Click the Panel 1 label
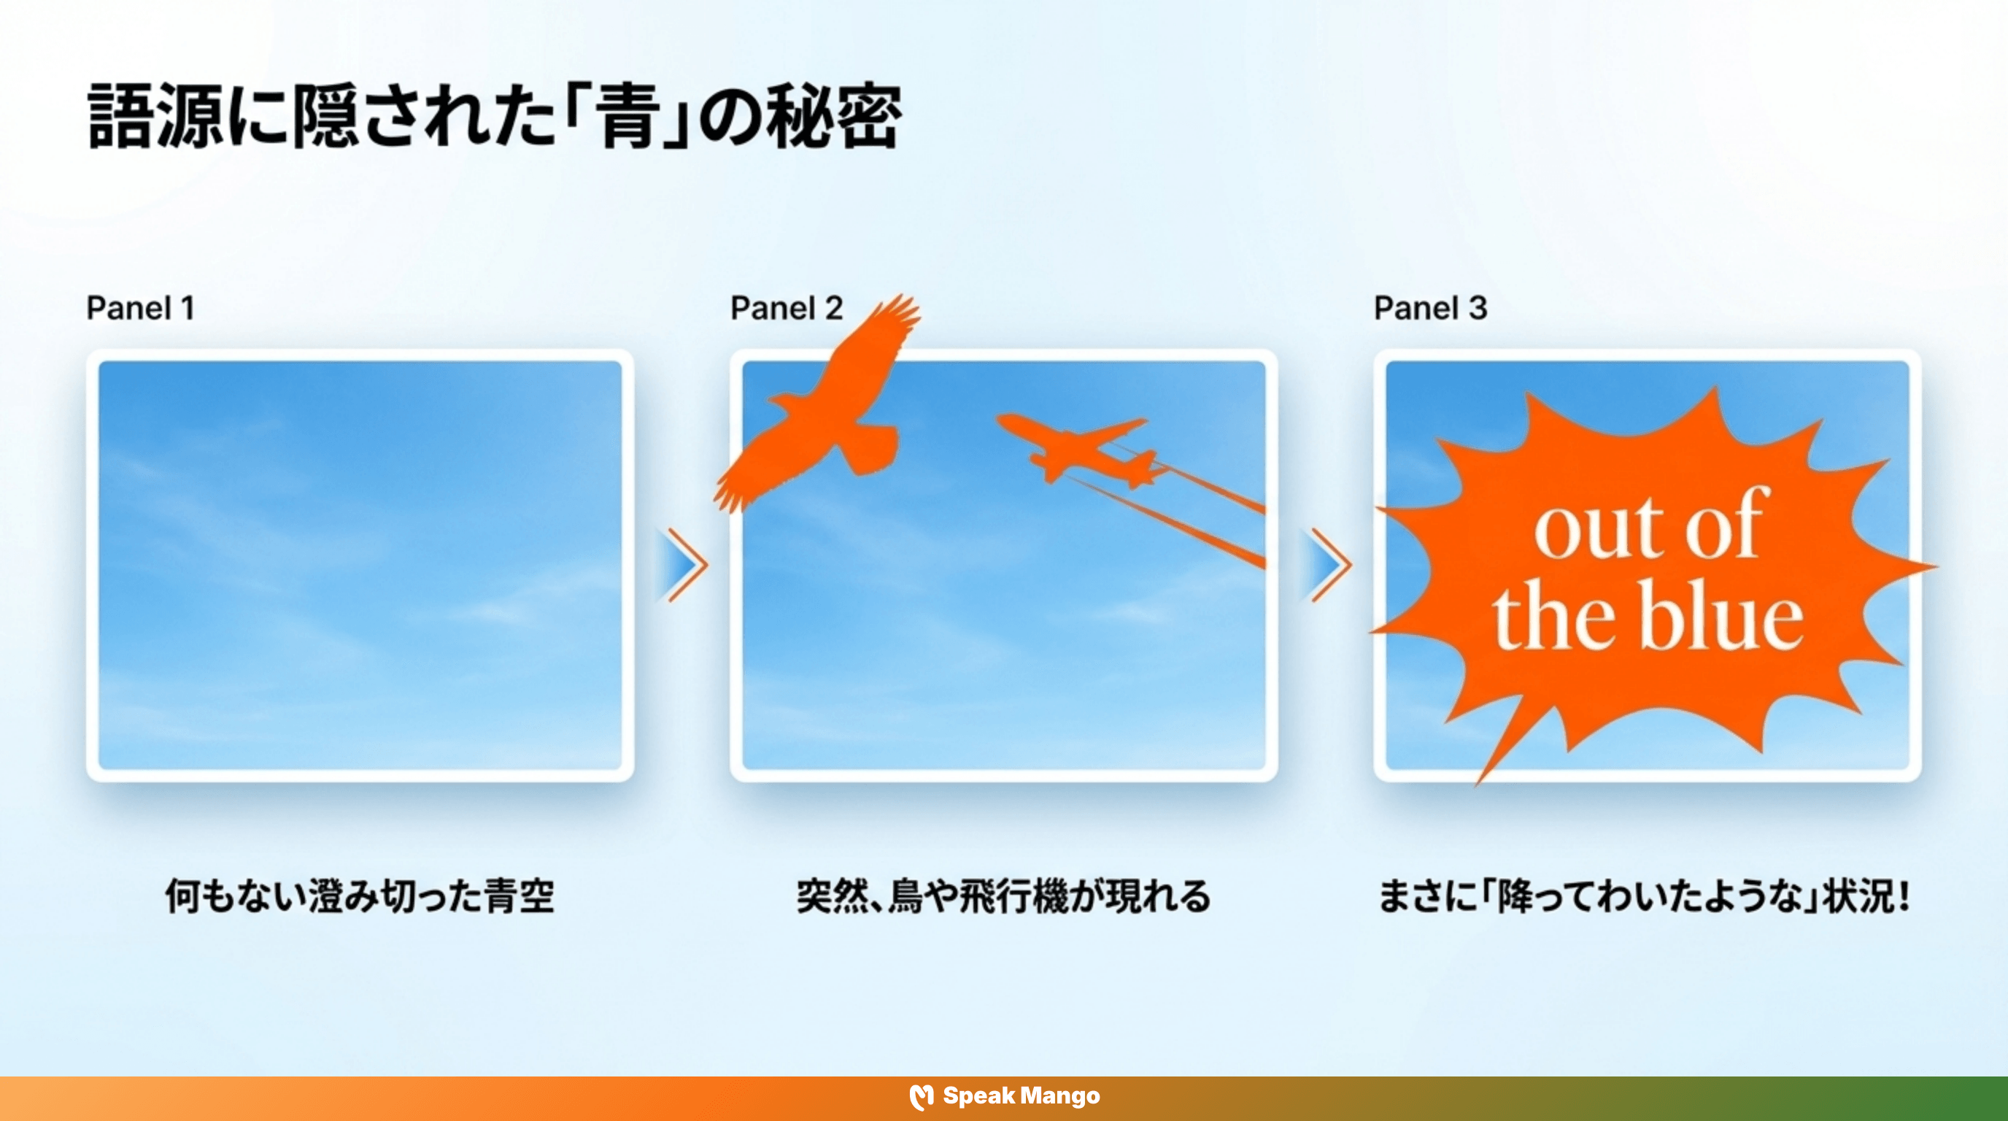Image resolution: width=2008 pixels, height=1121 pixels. click(139, 308)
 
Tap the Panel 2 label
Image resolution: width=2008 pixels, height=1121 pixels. click(786, 308)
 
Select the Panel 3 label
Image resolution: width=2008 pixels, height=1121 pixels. click(1429, 308)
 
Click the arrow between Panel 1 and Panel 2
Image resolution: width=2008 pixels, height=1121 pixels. click(684, 564)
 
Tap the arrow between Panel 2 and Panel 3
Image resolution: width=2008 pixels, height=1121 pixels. click(1327, 564)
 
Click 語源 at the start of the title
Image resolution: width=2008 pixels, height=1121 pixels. click(156, 117)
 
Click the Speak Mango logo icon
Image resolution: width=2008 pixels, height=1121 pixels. click(922, 1096)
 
